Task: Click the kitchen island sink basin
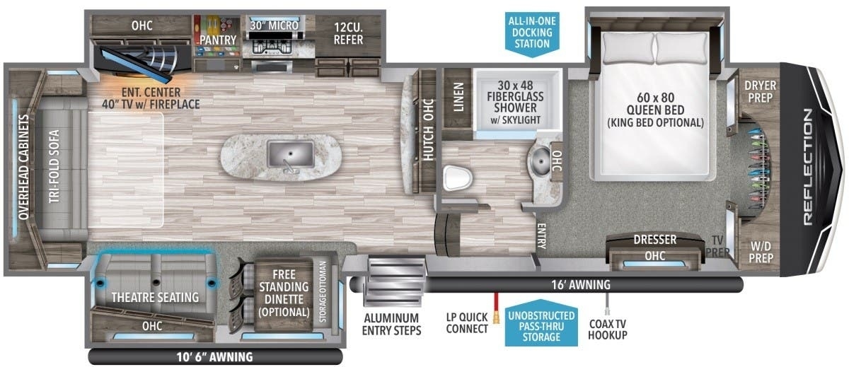click(290, 153)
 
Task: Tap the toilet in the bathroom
click(458, 177)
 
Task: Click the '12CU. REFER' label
click(348, 33)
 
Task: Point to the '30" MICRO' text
click(274, 25)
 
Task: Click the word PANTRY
click(218, 40)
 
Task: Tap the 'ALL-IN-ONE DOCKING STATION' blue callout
click(532, 33)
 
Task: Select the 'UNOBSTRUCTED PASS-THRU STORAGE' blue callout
click(541, 325)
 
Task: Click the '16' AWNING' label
click(581, 284)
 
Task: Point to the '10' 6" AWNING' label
click(214, 357)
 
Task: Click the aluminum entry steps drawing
click(395, 282)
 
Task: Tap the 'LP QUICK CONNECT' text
click(467, 322)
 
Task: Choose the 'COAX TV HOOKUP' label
click(608, 329)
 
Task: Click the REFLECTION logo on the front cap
click(808, 167)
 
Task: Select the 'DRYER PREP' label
click(760, 91)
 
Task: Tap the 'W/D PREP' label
click(761, 252)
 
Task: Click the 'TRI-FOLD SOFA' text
click(54, 166)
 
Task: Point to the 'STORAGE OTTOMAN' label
click(323, 291)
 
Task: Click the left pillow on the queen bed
click(628, 47)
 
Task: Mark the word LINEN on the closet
click(458, 97)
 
